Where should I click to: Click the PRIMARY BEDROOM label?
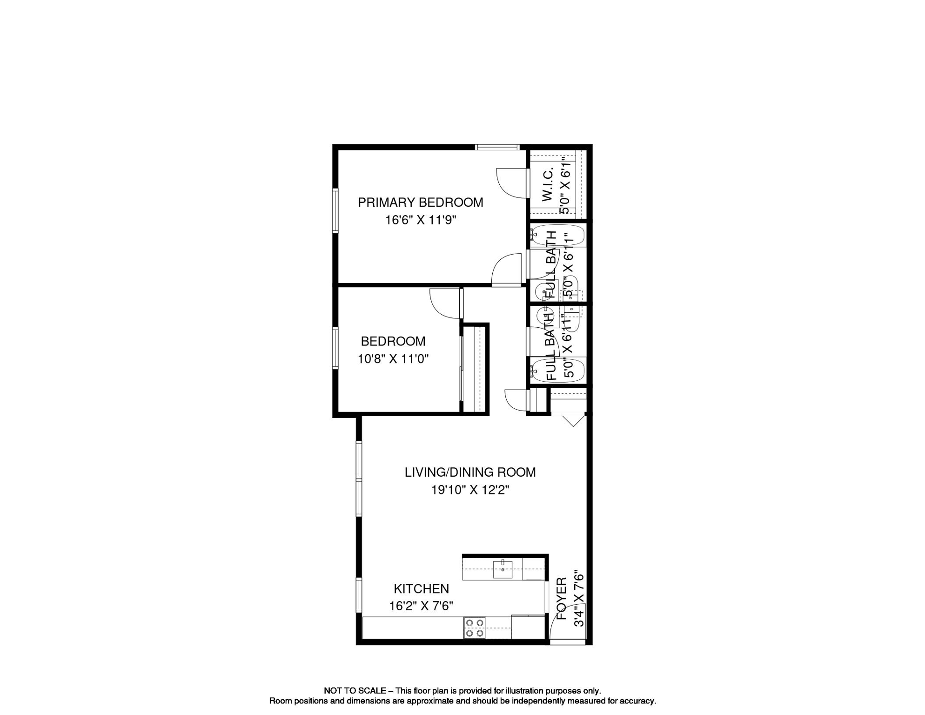click(x=420, y=202)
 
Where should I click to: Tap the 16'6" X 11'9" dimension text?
click(x=420, y=220)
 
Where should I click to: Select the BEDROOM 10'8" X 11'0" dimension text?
click(x=393, y=359)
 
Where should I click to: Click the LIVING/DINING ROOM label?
click(x=470, y=472)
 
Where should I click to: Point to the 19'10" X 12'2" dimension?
click(x=470, y=490)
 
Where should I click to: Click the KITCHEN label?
click(x=421, y=589)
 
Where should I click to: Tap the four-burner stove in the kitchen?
click(x=475, y=628)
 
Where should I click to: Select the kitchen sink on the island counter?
click(x=503, y=569)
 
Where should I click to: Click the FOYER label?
click(x=562, y=599)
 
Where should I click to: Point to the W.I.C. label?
click(x=548, y=185)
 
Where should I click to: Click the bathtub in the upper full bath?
click(x=557, y=236)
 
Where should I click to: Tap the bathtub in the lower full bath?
click(x=557, y=371)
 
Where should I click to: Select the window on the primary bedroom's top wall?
click(x=497, y=147)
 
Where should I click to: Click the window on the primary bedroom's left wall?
click(x=335, y=210)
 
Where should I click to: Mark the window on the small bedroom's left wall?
click(x=335, y=348)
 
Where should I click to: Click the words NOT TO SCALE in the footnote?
click(x=355, y=691)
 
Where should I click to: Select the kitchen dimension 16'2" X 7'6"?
click(x=421, y=606)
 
